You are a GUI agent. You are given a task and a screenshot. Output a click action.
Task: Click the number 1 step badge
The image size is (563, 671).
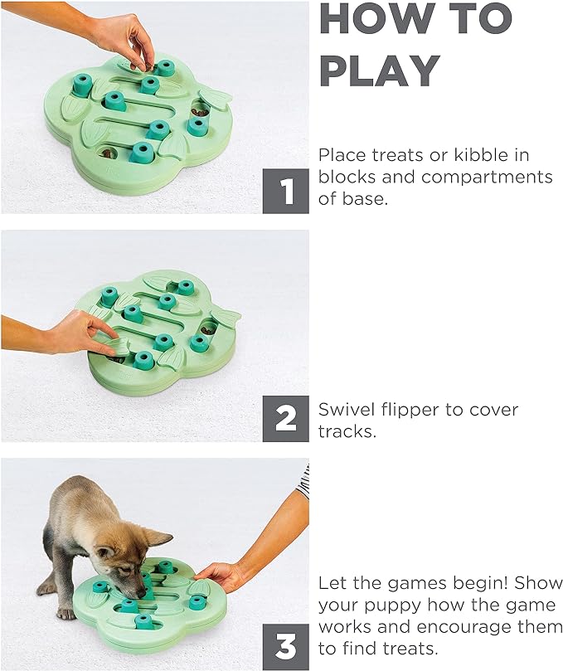(285, 191)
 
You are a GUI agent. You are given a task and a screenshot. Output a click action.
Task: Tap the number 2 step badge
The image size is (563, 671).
(285, 419)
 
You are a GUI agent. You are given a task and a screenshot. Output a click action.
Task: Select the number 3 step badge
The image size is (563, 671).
(285, 647)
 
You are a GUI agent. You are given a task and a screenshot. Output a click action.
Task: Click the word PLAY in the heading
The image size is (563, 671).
(380, 71)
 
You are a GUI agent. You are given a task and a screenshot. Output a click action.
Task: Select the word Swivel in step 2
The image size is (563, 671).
(346, 410)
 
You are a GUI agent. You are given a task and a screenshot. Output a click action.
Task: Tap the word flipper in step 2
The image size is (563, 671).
(410, 411)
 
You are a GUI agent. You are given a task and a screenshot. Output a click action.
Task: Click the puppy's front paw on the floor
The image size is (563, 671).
(66, 614)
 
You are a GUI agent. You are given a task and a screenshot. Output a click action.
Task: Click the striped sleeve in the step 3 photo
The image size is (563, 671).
(303, 481)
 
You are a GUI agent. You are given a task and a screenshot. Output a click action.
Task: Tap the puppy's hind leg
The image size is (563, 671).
(47, 578)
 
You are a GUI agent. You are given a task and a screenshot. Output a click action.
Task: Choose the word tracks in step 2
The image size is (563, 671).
(347, 431)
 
